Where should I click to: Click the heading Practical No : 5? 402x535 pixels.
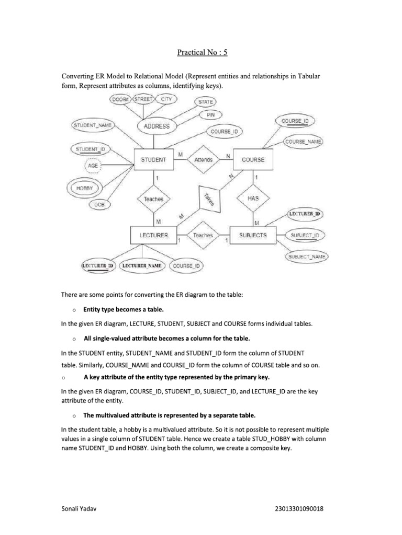[x=202, y=52]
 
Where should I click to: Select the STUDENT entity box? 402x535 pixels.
[x=153, y=160]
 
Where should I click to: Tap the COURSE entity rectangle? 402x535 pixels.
[x=253, y=160]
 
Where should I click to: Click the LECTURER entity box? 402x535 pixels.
[x=154, y=236]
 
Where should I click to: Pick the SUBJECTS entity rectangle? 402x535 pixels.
[x=253, y=236]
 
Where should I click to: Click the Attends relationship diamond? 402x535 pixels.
[x=203, y=160]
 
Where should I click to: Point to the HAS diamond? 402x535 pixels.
[x=253, y=199]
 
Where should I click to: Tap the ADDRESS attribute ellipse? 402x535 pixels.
[x=157, y=126]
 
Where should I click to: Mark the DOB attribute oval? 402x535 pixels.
[x=99, y=205]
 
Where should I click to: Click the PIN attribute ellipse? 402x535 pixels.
[x=210, y=114]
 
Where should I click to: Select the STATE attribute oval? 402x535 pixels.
[x=206, y=102]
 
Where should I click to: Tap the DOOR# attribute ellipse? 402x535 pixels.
[x=119, y=99]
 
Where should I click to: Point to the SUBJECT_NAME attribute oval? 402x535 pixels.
[x=306, y=257]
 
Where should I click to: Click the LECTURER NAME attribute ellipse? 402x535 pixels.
[x=142, y=266]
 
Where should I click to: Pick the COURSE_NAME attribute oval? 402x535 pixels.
[x=303, y=142]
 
